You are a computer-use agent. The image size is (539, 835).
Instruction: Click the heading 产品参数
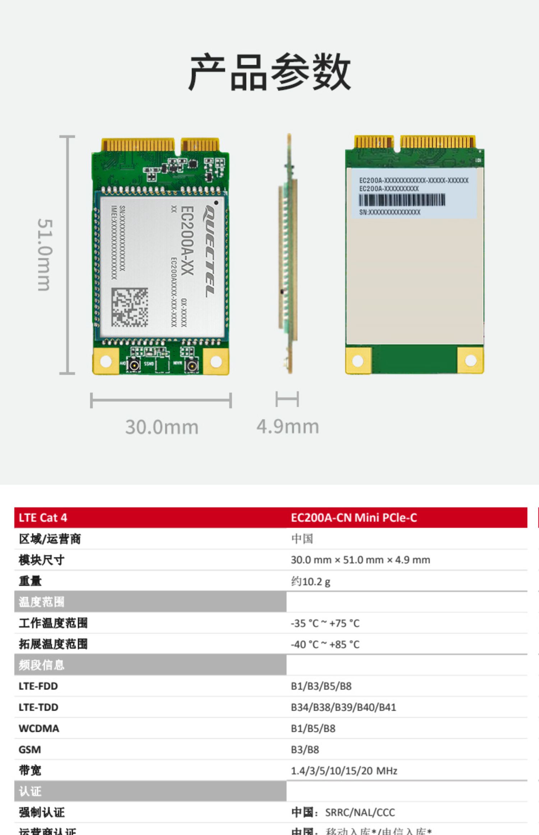coord(269,72)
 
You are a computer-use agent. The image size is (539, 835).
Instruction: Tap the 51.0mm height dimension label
coord(45,255)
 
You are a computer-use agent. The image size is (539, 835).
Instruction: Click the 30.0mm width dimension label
coord(162,427)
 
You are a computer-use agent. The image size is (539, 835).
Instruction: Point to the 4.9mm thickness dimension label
coord(287,426)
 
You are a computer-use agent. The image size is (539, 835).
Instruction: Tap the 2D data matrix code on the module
coord(129,307)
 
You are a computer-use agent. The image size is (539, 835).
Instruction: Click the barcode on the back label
coord(402,200)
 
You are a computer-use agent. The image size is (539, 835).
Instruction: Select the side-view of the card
coord(289,254)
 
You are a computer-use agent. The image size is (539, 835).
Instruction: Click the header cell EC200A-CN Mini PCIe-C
coord(354,517)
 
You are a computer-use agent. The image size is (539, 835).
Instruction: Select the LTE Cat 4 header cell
coord(43,517)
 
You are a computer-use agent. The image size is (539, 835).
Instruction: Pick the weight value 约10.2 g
coord(310,581)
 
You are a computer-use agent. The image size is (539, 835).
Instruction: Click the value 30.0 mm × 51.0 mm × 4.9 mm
coord(360,560)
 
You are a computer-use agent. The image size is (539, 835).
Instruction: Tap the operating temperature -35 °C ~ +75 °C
coord(325,623)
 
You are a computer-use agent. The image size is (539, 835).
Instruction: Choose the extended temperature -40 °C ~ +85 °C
coord(325,644)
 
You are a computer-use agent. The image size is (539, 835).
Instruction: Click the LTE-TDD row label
coord(38,707)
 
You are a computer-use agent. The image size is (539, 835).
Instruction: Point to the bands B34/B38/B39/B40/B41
coord(343,707)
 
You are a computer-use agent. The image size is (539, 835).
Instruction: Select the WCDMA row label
coord(39,729)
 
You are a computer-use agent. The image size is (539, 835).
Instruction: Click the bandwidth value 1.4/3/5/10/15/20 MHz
coord(344,771)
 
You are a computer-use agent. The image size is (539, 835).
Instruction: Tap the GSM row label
coord(30,750)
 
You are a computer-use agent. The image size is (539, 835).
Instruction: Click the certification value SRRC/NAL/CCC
coord(360,812)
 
